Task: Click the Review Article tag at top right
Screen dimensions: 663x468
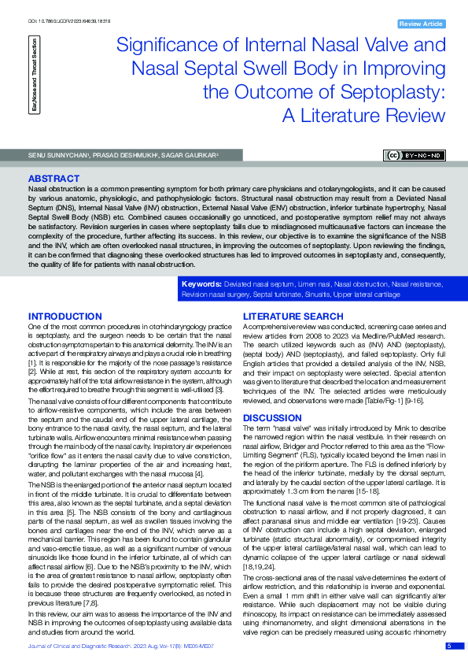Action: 421,24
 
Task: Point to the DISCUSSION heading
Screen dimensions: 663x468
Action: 272,417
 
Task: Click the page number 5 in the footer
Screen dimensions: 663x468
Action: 448,646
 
